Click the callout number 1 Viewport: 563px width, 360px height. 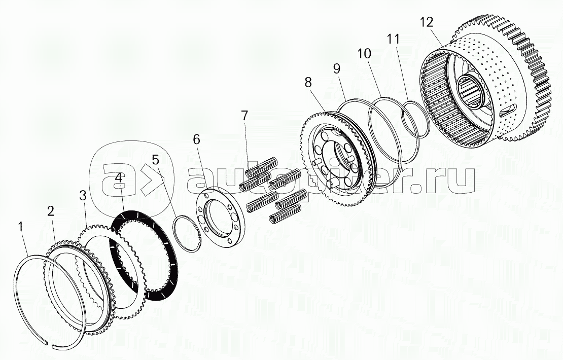pyautogui.click(x=21, y=227)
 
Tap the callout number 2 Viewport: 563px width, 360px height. pyautogui.click(x=51, y=211)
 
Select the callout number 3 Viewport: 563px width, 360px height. pyautogui.click(x=83, y=196)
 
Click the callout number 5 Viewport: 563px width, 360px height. pyautogui.click(x=155, y=159)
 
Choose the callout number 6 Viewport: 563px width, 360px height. pyautogui.click(x=196, y=139)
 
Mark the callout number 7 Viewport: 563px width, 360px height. pyautogui.click(x=244, y=116)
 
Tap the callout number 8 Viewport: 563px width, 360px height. pyautogui.click(x=308, y=82)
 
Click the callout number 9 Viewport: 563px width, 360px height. pyautogui.click(x=336, y=68)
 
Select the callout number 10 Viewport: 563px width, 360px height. pyautogui.click(x=364, y=53)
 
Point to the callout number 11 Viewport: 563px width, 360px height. pyautogui.click(x=393, y=39)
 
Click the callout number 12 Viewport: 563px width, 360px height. pyautogui.click(x=427, y=22)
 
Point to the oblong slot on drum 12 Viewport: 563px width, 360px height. pyautogui.click(x=509, y=109)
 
